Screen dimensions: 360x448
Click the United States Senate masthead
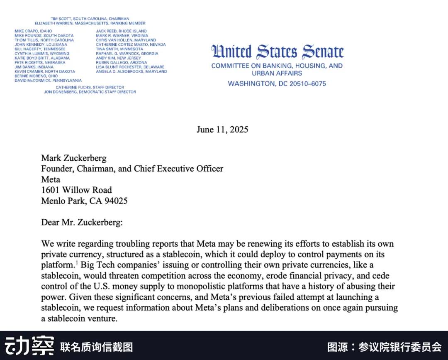tap(277, 52)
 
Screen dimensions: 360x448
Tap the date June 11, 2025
tap(222, 130)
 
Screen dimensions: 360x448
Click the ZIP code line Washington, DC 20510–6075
tap(277, 83)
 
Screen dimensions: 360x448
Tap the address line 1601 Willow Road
tap(76, 190)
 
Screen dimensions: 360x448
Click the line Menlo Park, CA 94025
tap(84, 201)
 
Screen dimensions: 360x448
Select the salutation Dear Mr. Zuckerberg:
tap(82, 223)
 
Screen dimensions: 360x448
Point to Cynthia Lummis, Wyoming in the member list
tap(42, 54)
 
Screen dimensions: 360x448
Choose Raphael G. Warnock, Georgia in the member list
tap(127, 54)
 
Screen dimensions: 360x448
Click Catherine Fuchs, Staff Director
tap(90, 87)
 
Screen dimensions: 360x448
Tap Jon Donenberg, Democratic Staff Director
tap(90, 92)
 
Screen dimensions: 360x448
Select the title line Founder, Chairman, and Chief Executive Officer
tap(132, 169)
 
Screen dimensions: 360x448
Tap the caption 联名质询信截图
tap(96, 347)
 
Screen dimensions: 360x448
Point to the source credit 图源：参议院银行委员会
tap(384, 347)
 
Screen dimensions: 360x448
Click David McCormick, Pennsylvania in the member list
tap(48, 80)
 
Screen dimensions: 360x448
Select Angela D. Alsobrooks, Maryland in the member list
tap(131, 71)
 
